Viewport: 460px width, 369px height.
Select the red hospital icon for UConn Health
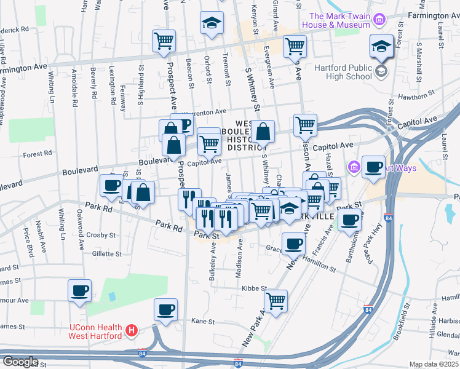[x=130, y=331]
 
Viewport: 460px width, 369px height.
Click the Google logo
[x=20, y=362]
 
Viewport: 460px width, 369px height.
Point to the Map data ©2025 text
[x=434, y=364]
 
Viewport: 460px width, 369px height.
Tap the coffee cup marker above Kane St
[x=165, y=309]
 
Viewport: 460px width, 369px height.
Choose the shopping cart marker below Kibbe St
[x=276, y=301]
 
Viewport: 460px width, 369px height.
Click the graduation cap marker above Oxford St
[x=212, y=23]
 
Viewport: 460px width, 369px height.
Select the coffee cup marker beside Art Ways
[x=373, y=167]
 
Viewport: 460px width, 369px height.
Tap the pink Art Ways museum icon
[x=354, y=167]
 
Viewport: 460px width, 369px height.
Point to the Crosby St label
[x=101, y=235]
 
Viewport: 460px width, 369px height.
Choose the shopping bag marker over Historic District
[x=263, y=132]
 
